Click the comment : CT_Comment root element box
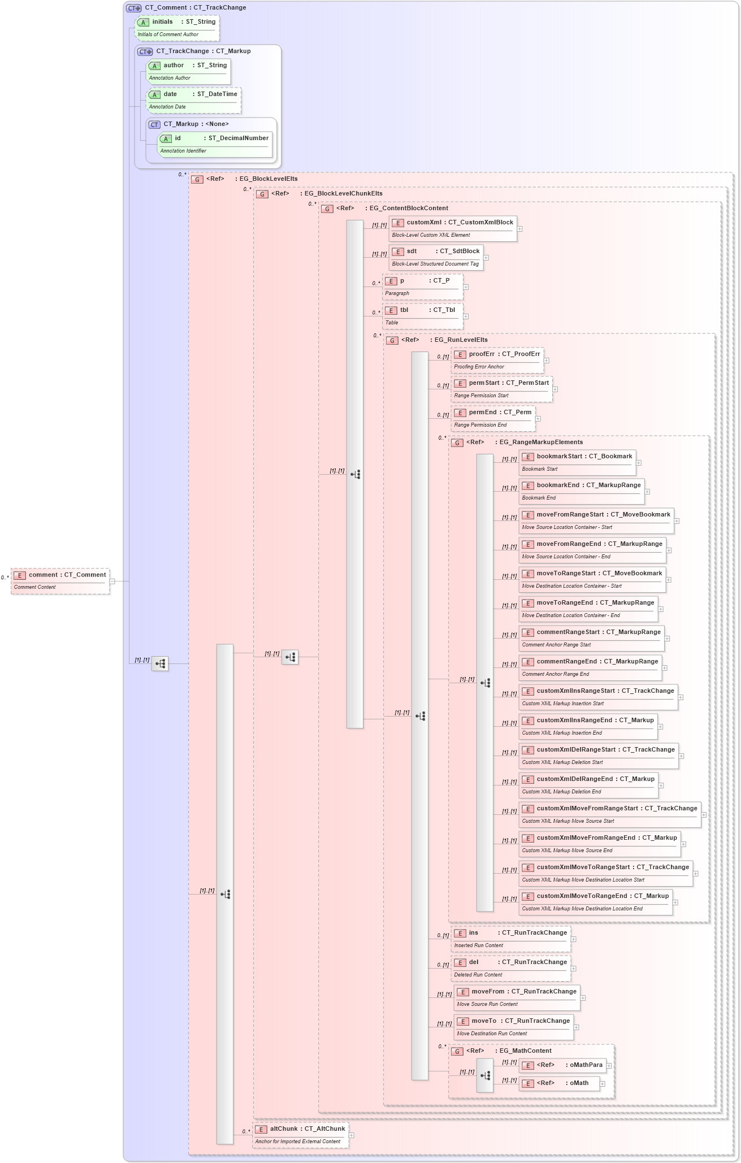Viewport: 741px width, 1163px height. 60,580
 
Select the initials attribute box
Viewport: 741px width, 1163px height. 177,28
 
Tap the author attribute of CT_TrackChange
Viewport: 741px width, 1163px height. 188,71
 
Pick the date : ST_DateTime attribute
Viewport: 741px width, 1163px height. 193,100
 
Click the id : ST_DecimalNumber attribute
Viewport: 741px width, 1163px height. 215,144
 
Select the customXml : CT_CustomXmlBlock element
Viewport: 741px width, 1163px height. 453,228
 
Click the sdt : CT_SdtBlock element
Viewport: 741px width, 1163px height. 436,257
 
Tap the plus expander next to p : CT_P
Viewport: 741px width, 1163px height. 466,287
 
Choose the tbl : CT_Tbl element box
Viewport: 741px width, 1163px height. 423,316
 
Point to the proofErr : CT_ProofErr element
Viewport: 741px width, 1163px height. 497,360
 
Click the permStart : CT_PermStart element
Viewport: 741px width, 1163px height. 502,389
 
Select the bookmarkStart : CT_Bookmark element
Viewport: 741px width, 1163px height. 577,462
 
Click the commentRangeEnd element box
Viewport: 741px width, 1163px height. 590,667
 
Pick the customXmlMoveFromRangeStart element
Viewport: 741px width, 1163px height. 610,814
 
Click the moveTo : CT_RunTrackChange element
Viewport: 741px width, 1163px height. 514,1027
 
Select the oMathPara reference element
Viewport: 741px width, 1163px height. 562,1065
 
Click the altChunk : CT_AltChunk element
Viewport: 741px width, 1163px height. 300,1135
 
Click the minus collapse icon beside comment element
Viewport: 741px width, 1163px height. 112,581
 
